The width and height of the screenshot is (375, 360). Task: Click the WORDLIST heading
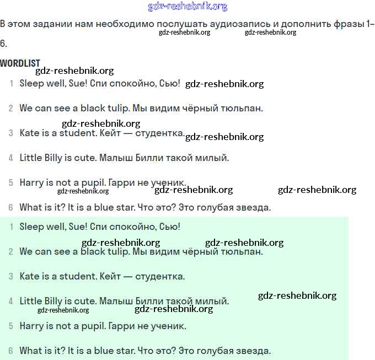tap(20, 63)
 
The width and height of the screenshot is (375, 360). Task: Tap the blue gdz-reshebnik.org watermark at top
tap(187, 7)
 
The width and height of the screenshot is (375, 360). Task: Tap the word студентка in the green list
tap(160, 276)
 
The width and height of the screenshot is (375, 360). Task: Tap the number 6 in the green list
tap(10, 351)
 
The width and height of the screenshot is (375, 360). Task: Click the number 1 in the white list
tap(11, 84)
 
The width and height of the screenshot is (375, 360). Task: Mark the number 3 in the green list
tap(10, 276)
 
